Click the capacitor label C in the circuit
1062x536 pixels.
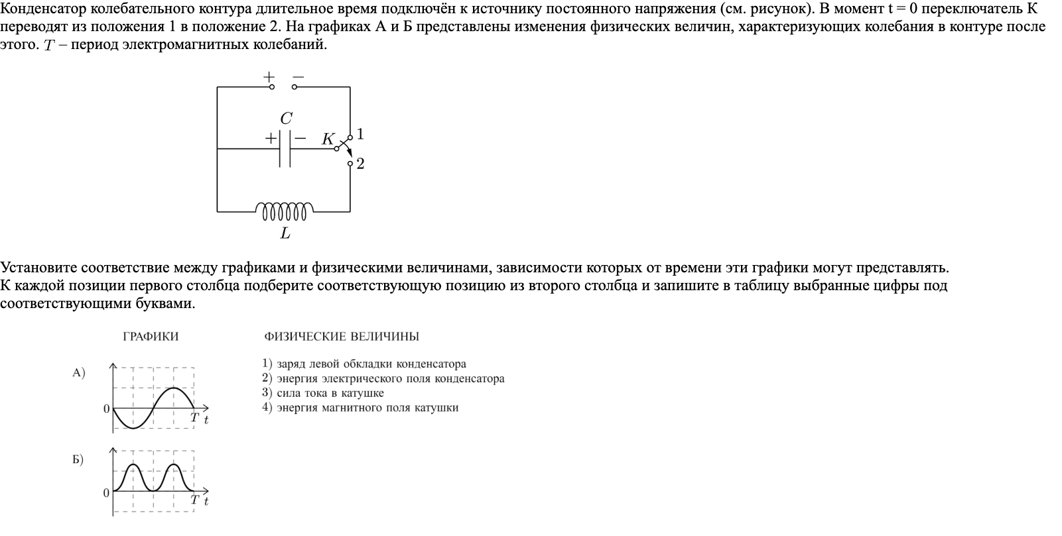pos(286,119)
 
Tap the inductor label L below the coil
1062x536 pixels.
pos(285,233)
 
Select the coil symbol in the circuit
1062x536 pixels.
pos(285,210)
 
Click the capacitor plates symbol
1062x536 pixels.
pos(285,149)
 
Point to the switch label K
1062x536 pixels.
pos(328,139)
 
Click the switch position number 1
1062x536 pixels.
pos(360,134)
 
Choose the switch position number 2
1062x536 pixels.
pos(360,164)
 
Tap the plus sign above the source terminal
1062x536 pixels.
pos(269,76)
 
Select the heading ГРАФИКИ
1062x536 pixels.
pos(151,337)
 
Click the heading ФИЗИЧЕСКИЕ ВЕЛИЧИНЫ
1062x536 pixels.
pos(342,337)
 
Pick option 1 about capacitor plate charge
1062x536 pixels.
pos(364,364)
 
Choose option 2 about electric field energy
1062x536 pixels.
pos(383,378)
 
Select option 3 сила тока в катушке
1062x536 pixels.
pos(323,393)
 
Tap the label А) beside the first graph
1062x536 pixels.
pos(79,373)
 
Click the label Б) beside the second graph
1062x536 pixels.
pos(78,460)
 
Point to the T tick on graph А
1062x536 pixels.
pos(194,417)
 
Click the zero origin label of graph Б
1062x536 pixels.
pos(106,493)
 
